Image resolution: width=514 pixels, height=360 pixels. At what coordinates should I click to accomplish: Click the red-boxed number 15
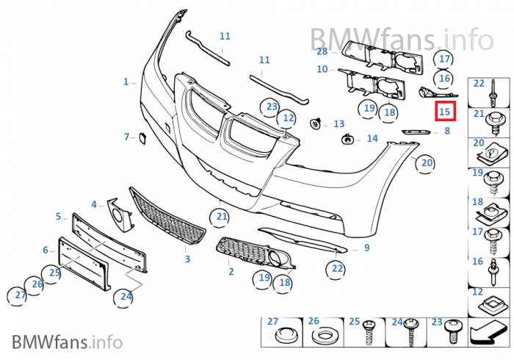click(444, 112)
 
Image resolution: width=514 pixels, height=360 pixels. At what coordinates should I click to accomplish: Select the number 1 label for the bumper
click(126, 82)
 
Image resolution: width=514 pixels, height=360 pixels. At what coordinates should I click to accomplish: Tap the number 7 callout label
click(126, 137)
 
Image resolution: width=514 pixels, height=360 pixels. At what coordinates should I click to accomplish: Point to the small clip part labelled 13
click(318, 123)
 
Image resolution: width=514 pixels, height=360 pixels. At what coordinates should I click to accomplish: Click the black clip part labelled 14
click(347, 138)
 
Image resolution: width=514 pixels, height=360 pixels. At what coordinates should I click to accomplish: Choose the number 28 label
click(322, 51)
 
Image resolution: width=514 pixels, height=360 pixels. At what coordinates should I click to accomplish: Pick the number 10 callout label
click(322, 70)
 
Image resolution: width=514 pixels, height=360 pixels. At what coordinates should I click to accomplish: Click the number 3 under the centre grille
click(187, 259)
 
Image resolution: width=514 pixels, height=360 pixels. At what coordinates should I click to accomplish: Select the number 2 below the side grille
click(231, 272)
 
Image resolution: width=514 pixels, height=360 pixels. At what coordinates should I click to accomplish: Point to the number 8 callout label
click(446, 132)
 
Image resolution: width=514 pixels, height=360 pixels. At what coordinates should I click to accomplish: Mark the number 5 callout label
click(58, 217)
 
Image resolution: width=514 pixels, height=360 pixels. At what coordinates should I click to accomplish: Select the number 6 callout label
click(45, 250)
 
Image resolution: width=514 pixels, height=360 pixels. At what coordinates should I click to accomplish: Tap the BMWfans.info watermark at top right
click(400, 36)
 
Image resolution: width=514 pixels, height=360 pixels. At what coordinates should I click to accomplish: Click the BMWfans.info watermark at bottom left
click(66, 342)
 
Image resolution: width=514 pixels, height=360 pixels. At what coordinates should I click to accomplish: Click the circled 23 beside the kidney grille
click(272, 107)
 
